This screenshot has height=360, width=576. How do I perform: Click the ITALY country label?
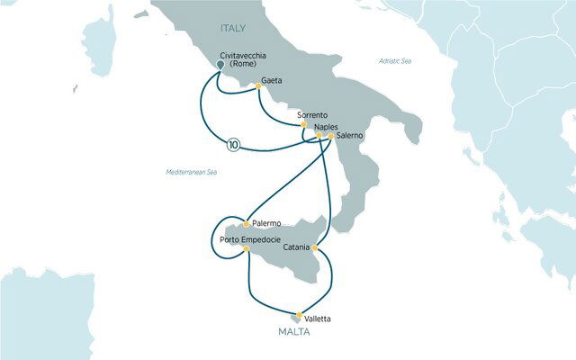coord(232,30)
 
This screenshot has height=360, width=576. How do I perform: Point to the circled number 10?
coord(234,142)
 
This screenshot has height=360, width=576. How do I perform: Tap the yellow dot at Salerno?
coord(330,136)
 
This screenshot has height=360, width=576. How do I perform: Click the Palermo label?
coord(267,222)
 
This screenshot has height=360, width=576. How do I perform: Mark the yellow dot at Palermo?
coord(247,223)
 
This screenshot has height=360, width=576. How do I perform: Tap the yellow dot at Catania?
coord(318,246)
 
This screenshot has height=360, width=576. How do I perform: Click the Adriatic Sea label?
coord(393,60)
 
